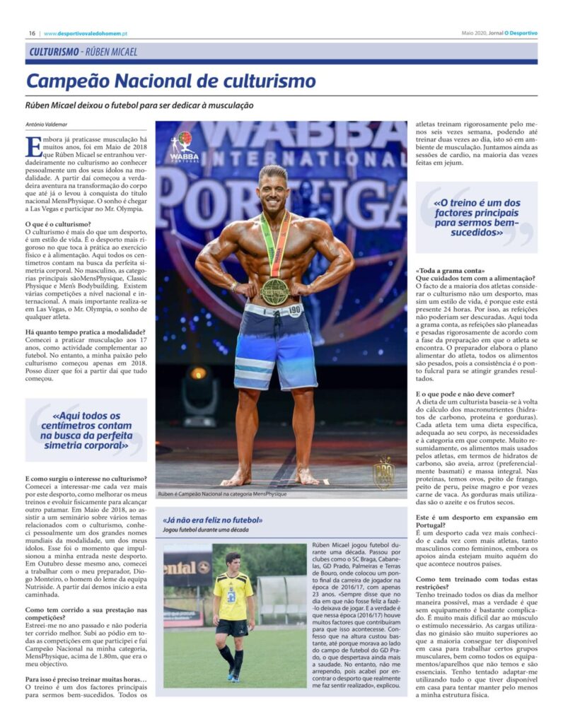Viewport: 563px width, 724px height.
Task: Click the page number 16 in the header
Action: tap(33, 33)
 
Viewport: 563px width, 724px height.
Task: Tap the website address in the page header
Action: tap(84, 33)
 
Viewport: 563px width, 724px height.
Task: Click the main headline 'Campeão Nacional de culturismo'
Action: tap(170, 81)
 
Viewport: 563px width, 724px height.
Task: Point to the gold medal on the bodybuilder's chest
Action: tap(274, 290)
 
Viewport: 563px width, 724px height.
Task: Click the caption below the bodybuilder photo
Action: tap(223, 494)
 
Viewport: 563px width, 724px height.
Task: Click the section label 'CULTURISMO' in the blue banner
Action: tap(54, 52)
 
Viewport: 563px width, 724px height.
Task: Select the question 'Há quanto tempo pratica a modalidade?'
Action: tap(86, 332)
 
